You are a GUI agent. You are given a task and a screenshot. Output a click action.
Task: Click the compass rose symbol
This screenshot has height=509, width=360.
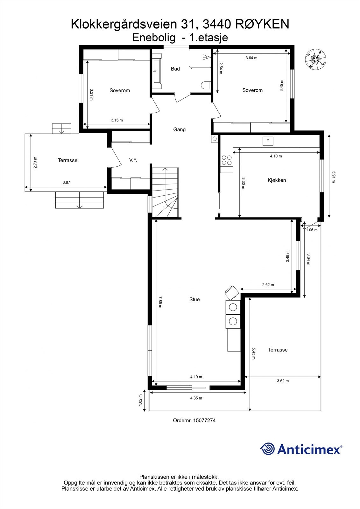(316, 59)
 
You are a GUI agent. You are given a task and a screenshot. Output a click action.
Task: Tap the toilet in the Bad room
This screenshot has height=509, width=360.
(206, 85)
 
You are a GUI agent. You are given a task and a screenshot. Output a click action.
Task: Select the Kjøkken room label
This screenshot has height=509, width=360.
(277, 180)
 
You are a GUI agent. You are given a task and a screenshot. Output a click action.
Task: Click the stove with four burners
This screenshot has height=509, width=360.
(227, 160)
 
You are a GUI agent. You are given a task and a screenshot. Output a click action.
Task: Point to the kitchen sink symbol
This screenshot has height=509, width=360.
(268, 141)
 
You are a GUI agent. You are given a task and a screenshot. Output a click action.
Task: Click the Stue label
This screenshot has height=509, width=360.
(194, 299)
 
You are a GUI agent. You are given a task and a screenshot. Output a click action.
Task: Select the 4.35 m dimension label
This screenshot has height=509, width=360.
(196, 398)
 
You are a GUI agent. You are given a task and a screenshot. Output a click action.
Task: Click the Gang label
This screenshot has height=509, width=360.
(179, 129)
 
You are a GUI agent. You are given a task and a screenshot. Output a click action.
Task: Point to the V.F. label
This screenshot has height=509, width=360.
(133, 160)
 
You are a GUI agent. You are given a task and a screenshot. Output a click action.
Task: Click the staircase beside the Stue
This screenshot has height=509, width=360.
(165, 192)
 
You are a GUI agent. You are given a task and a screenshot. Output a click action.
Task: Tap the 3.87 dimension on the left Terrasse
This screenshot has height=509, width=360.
(66, 182)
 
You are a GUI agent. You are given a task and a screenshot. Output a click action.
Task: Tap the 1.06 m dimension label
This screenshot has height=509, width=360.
(312, 230)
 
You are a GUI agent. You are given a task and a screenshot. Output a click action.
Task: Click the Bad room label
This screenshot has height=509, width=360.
(175, 69)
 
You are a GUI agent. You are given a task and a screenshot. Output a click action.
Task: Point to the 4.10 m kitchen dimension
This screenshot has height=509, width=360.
(276, 156)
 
